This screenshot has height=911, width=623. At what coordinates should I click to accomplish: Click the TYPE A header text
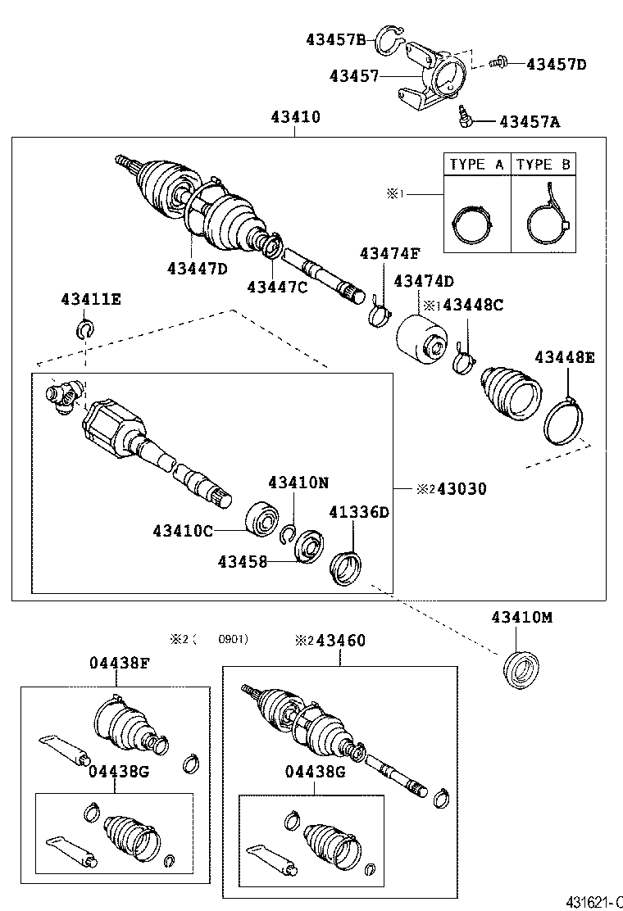tap(476, 165)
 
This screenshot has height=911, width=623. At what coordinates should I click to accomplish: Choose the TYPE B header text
tap(543, 165)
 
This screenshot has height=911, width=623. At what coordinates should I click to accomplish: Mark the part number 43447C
tap(277, 286)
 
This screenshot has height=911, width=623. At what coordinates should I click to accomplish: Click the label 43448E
tap(565, 356)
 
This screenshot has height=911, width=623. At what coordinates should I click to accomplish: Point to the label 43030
tap(462, 489)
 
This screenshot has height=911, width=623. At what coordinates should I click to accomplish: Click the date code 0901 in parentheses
tap(234, 639)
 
